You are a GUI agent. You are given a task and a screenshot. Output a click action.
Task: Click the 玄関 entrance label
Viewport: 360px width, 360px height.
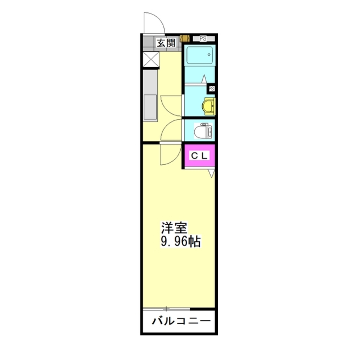pyautogui.click(x=166, y=43)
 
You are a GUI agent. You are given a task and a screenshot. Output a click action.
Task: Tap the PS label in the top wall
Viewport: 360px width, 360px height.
pyautogui.click(x=203, y=39)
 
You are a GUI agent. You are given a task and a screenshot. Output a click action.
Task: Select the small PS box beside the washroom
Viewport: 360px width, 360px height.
pyautogui.click(x=212, y=89)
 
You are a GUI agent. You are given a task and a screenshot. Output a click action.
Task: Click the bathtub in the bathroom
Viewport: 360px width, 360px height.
pyautogui.click(x=199, y=55)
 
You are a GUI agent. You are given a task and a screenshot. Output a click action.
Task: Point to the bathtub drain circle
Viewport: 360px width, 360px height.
pyautogui.click(x=209, y=55)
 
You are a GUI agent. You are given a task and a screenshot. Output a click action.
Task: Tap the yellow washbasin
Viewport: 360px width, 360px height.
pyautogui.click(x=208, y=106)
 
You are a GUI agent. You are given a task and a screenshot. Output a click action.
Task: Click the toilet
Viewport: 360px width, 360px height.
pyautogui.click(x=203, y=131)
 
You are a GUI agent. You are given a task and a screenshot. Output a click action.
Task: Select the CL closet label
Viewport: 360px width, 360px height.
pyautogui.click(x=199, y=156)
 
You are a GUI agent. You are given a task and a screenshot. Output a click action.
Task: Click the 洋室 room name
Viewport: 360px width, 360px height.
pyautogui.click(x=174, y=228)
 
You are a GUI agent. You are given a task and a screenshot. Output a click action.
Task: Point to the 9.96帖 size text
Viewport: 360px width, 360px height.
pyautogui.click(x=181, y=241)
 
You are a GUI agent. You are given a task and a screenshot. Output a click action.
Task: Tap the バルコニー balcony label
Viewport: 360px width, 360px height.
pyautogui.click(x=181, y=321)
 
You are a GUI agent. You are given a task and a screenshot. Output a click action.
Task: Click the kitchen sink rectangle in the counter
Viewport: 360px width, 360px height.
pyautogui.click(x=150, y=107)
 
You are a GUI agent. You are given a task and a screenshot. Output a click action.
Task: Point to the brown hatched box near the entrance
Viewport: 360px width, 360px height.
pyautogui.click(x=185, y=39)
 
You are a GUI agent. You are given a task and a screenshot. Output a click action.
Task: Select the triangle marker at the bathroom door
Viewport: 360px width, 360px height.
pyautogui.click(x=204, y=79)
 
